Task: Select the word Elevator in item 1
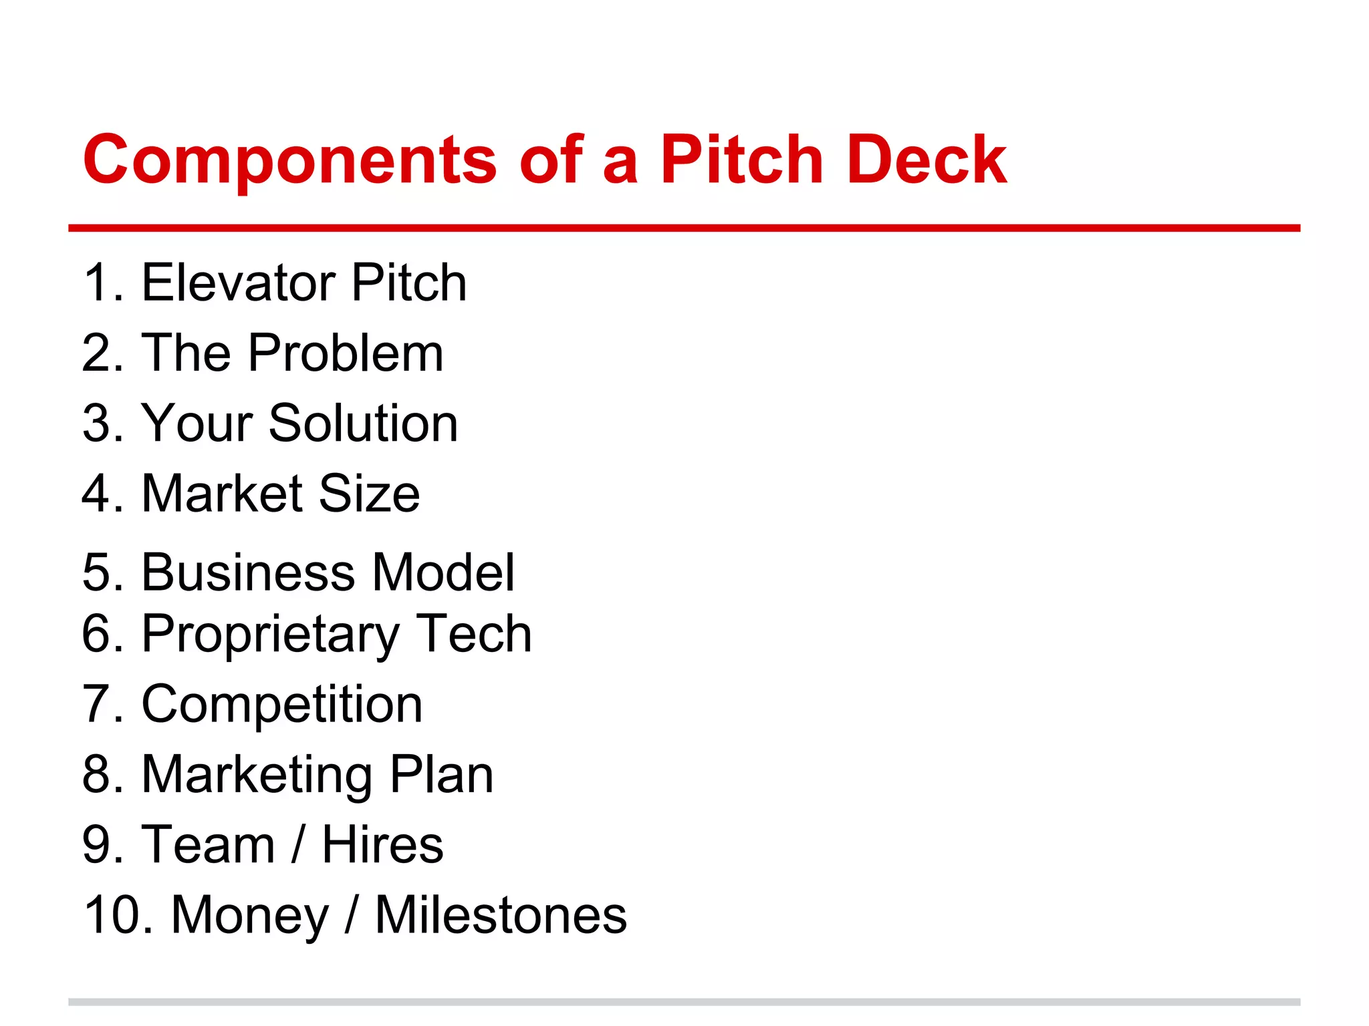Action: [x=239, y=283]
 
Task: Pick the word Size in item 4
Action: [x=369, y=494]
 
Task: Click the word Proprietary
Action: [x=271, y=635]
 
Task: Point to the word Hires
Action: [x=382, y=845]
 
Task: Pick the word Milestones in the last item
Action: [x=501, y=915]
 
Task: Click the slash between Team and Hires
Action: [x=299, y=845]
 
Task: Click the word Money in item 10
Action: [x=250, y=916]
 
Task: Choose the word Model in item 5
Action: [x=443, y=572]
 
